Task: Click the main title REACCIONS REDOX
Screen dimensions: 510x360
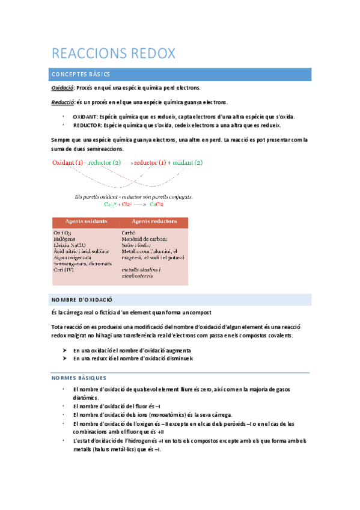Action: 114,54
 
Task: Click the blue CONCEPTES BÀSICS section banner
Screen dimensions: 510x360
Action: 180,74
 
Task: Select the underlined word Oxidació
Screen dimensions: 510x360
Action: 62,88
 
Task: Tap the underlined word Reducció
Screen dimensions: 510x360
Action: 63,102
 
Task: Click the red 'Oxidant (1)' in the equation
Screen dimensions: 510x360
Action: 67,162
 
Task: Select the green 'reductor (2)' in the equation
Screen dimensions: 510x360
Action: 105,162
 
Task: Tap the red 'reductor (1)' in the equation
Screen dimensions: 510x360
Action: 150,162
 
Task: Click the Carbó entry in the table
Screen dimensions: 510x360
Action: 129,233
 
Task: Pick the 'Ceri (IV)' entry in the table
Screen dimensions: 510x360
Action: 64,269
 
